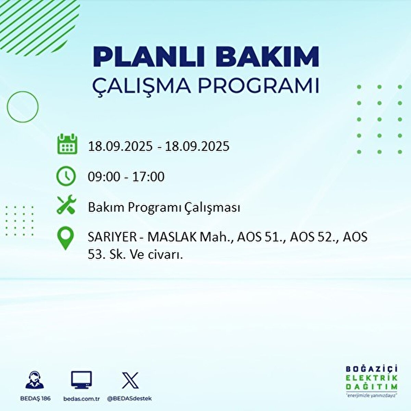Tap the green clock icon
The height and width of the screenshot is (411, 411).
tap(66, 176)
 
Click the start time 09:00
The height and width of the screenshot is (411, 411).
tap(104, 177)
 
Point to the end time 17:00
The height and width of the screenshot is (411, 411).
tap(148, 177)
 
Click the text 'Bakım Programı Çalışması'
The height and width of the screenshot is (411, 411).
tap(164, 208)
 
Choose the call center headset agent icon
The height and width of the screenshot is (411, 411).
tap(35, 380)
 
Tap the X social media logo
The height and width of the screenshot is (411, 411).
tap(130, 380)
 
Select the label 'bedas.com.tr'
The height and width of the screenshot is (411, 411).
tap(82, 399)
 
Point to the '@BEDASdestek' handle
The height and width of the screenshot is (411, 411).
tap(129, 399)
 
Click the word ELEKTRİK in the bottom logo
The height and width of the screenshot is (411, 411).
tap(372, 378)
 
